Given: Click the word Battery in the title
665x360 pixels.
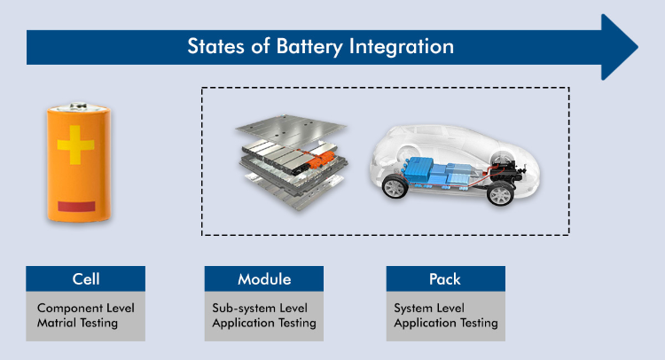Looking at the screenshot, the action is point(309,47).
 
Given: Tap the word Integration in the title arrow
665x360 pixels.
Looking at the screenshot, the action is point(401,47).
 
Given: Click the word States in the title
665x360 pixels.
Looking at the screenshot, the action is point(215,46).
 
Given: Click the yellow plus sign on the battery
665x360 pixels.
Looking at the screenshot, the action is point(75,145).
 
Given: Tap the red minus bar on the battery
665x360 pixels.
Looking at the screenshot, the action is point(76,207).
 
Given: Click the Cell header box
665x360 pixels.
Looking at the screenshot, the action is point(86,278).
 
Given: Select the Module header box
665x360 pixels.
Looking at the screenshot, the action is point(264,278).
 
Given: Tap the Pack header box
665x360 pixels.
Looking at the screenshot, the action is point(445,278).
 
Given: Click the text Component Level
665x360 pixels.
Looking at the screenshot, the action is point(86,308).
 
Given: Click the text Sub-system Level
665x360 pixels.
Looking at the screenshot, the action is point(260,308).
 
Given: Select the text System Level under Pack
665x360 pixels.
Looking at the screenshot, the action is point(429,308).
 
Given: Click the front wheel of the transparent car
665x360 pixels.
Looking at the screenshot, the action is point(395,187).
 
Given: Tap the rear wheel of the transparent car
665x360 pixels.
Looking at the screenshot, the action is point(500,194).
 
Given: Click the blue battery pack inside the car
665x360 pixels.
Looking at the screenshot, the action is point(436,173).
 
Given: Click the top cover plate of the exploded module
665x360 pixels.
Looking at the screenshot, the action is point(291,129).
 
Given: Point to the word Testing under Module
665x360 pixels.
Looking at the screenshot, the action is point(297,323).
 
